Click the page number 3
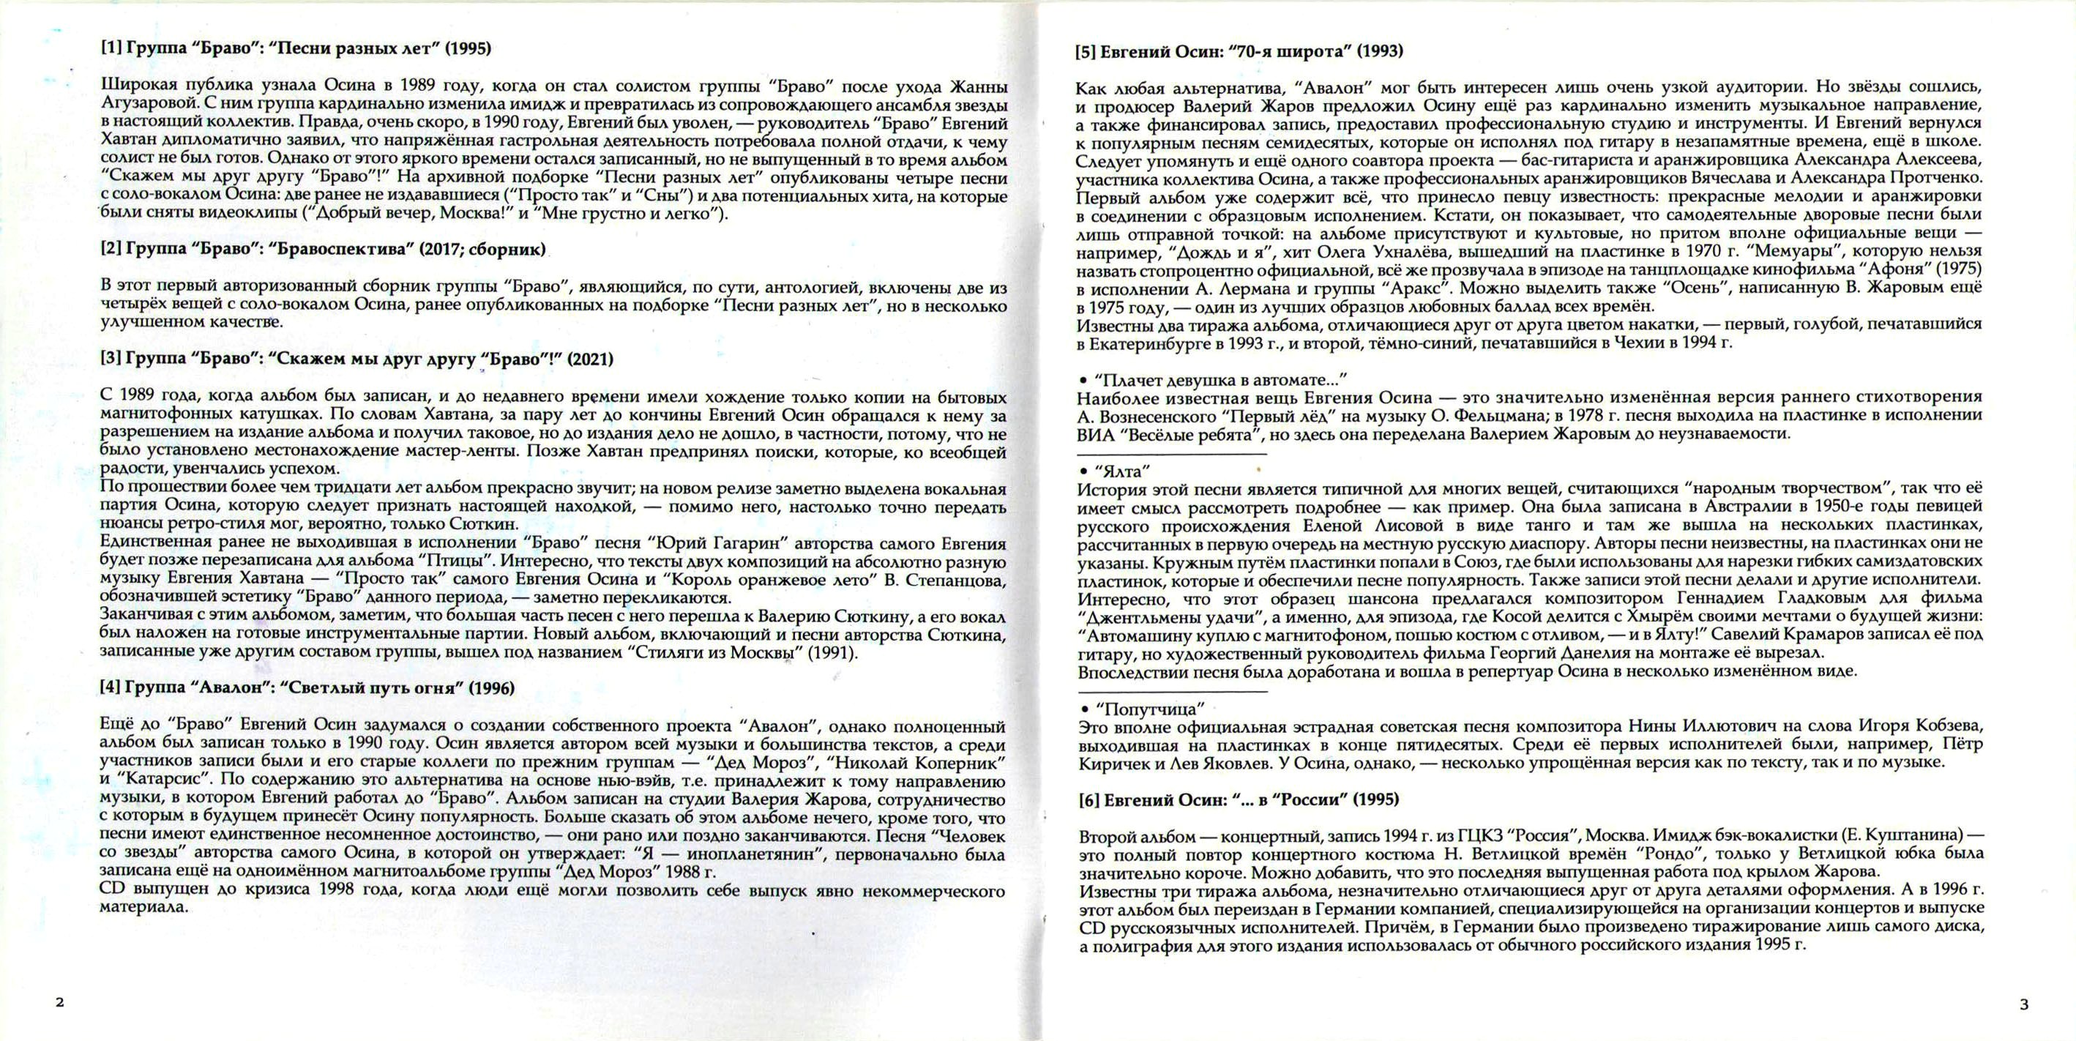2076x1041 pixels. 2017,1004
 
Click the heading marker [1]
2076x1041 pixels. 111,48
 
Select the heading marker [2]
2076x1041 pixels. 111,250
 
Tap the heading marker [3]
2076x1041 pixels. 111,359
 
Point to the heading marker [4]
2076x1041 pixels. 111,687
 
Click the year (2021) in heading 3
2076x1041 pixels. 590,359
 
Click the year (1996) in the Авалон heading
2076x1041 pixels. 492,687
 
